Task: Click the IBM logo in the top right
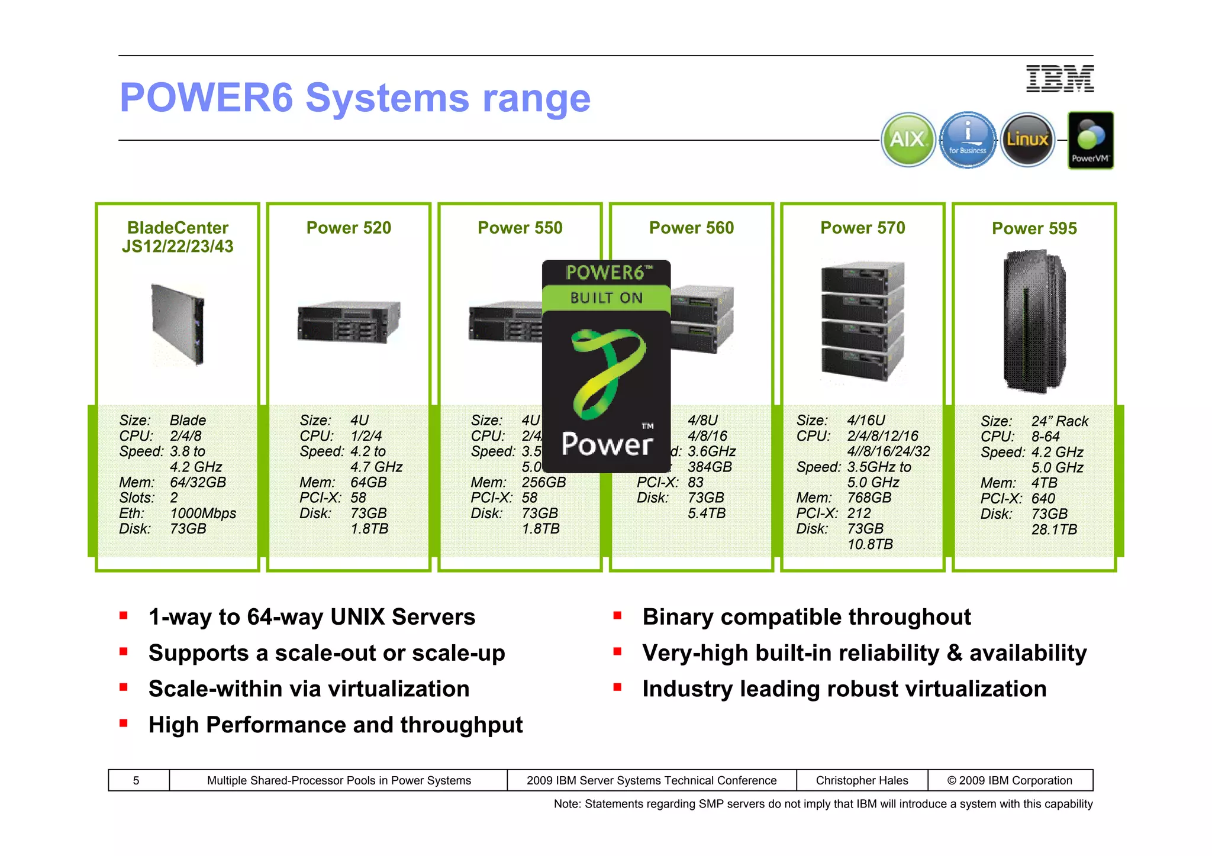point(1059,79)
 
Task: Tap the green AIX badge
point(908,140)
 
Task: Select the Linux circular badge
point(1027,140)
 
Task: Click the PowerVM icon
point(1090,140)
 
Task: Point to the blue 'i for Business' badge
point(968,140)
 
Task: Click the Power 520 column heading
point(349,228)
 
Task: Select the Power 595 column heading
point(1034,228)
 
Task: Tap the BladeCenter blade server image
point(178,324)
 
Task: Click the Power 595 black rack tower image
point(1034,321)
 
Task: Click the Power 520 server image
point(349,321)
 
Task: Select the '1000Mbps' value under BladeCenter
point(203,513)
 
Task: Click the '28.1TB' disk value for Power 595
point(1054,529)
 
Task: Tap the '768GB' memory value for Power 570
point(869,498)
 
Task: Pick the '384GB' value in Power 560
point(710,467)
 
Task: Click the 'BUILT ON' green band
point(606,298)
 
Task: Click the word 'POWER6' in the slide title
point(207,98)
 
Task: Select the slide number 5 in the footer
point(136,780)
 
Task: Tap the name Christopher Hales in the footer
point(862,780)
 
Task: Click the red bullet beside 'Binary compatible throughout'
point(617,616)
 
